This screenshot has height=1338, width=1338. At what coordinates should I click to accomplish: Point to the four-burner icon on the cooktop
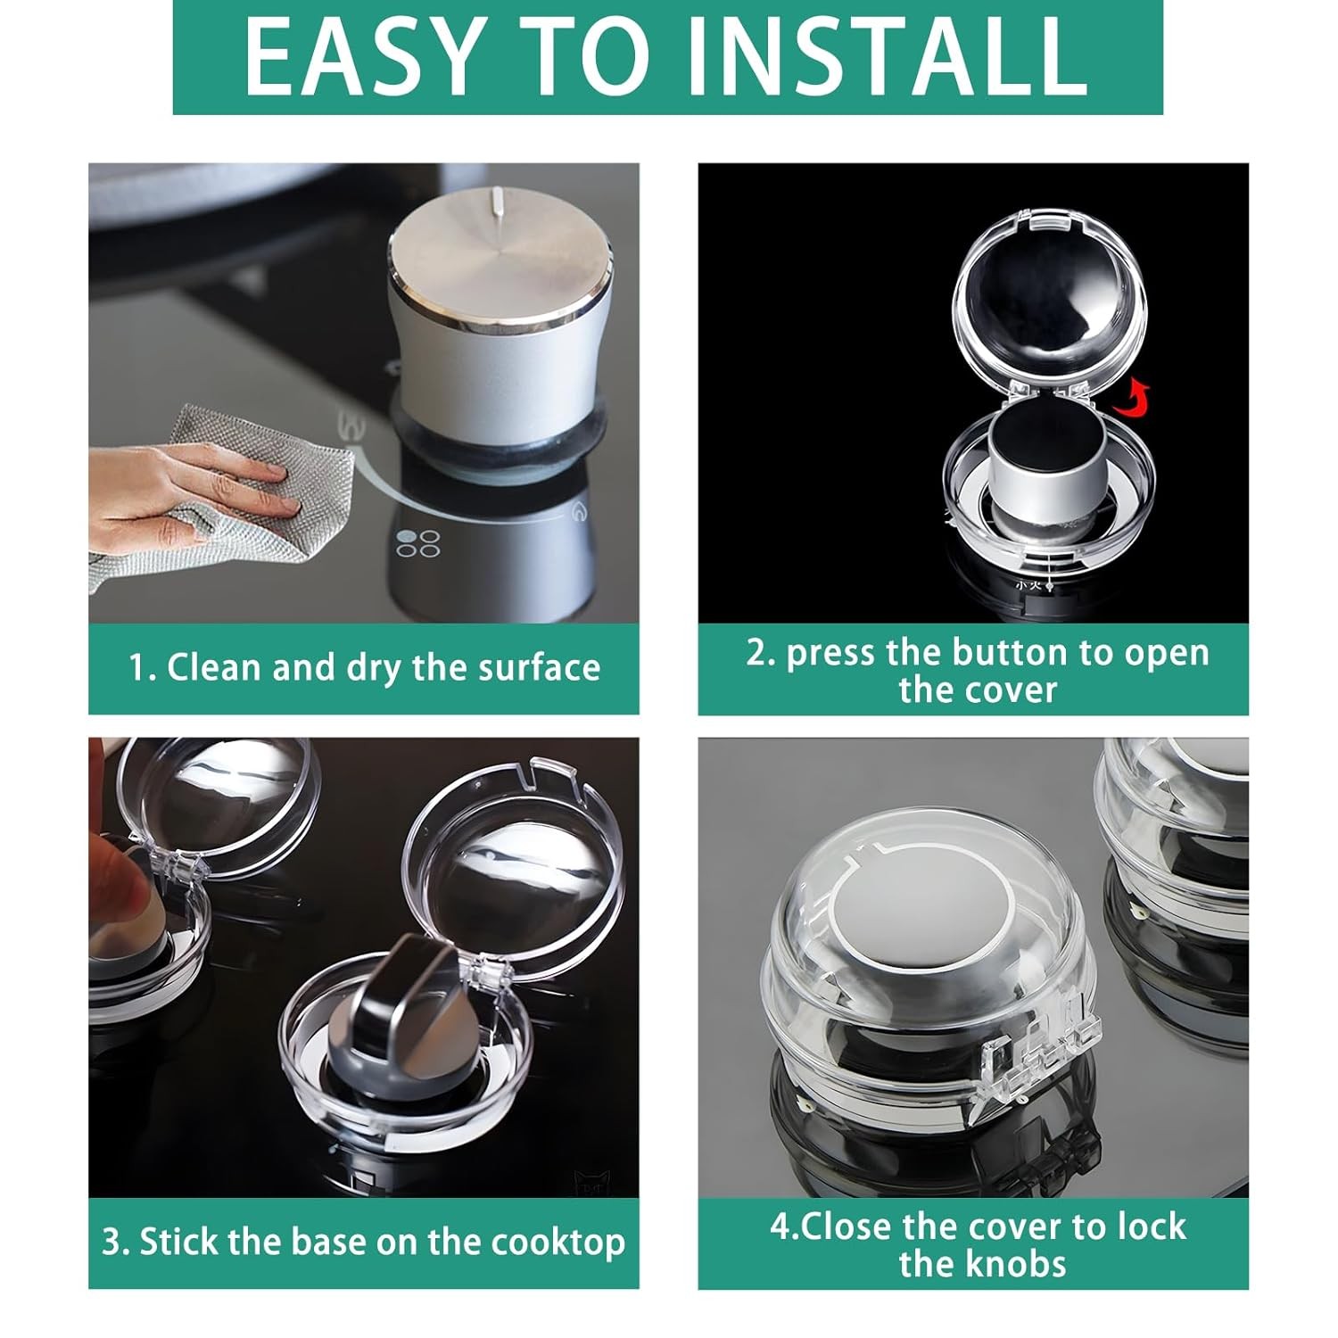(418, 543)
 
